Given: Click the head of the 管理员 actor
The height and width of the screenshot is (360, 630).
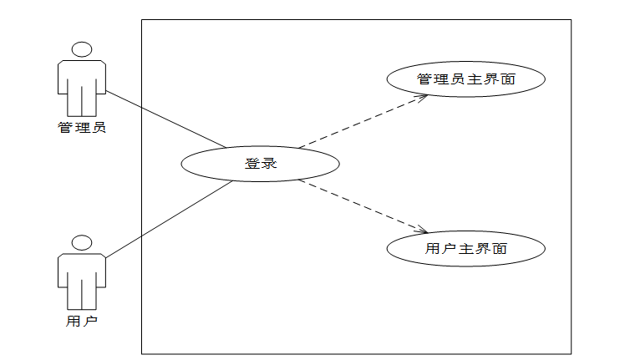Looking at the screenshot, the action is pyautogui.click(x=82, y=49).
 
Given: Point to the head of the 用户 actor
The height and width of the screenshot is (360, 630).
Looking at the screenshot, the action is pyautogui.click(x=82, y=244).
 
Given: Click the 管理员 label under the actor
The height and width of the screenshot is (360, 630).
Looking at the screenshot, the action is pyautogui.click(x=82, y=128).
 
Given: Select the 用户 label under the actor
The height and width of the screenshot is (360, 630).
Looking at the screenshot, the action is pyautogui.click(x=82, y=320).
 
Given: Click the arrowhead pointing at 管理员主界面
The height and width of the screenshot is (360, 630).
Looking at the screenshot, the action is pyautogui.click(x=424, y=96).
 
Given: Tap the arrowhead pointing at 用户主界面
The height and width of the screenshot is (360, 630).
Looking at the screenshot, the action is pyautogui.click(x=424, y=231).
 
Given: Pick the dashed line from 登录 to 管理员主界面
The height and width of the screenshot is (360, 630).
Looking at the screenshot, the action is pyautogui.click(x=359, y=122).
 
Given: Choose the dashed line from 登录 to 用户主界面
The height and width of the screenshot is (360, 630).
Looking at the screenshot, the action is pyautogui.click(x=359, y=205).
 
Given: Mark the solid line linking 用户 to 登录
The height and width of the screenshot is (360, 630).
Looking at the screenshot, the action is pyautogui.click(x=167, y=220).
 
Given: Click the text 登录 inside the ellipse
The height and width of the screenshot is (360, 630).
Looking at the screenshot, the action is pyautogui.click(x=260, y=164).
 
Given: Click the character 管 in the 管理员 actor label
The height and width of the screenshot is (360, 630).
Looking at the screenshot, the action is pyautogui.click(x=64, y=128).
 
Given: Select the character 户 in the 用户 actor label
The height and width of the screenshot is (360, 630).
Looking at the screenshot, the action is pyautogui.click(x=91, y=320).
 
